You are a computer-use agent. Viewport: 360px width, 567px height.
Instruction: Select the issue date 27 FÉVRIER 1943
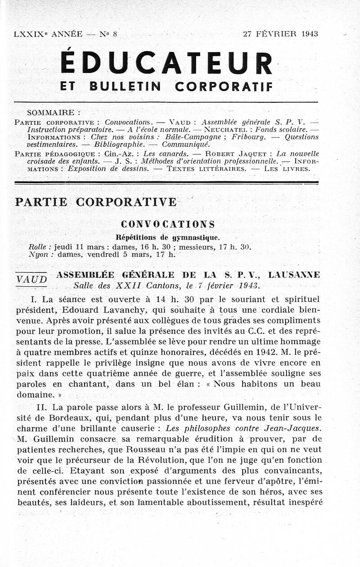pyautogui.click(x=280, y=34)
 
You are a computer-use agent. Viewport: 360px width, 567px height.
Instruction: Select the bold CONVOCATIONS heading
pyautogui.click(x=168, y=224)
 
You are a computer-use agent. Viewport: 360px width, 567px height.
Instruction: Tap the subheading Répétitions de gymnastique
pyautogui.click(x=168, y=237)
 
